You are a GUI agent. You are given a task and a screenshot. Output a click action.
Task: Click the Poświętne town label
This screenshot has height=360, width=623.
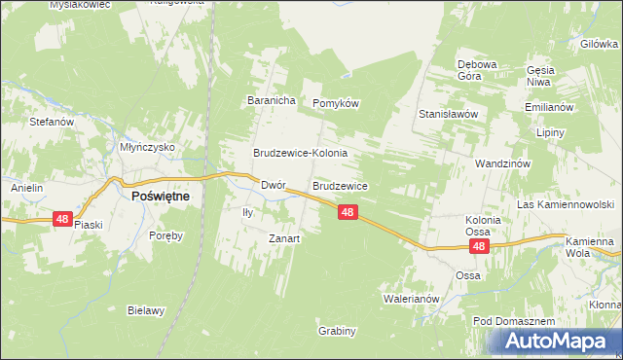(x=161, y=196)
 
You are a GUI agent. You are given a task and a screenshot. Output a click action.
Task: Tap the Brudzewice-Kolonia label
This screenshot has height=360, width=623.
(x=300, y=154)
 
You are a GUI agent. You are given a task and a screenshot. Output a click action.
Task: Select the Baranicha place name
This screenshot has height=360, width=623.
(x=271, y=101)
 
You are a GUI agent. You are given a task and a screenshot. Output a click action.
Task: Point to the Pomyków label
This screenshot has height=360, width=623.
(x=336, y=103)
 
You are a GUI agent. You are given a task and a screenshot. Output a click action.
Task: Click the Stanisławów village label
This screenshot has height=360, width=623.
(x=447, y=114)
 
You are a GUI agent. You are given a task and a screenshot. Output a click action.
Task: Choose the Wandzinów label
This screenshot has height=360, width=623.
(x=502, y=164)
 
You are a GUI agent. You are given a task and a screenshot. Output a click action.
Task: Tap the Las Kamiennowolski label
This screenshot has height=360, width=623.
(x=565, y=205)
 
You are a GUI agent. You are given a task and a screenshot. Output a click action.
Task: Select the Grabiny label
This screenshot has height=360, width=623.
(x=337, y=331)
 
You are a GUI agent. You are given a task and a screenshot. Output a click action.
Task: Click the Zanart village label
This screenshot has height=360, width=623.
(x=284, y=238)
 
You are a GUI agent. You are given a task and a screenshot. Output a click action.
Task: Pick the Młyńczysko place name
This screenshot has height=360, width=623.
(x=146, y=147)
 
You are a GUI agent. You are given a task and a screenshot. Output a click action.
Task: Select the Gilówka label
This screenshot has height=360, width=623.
(x=600, y=44)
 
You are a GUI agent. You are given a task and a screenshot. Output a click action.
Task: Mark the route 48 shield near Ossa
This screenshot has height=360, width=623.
(x=479, y=248)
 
